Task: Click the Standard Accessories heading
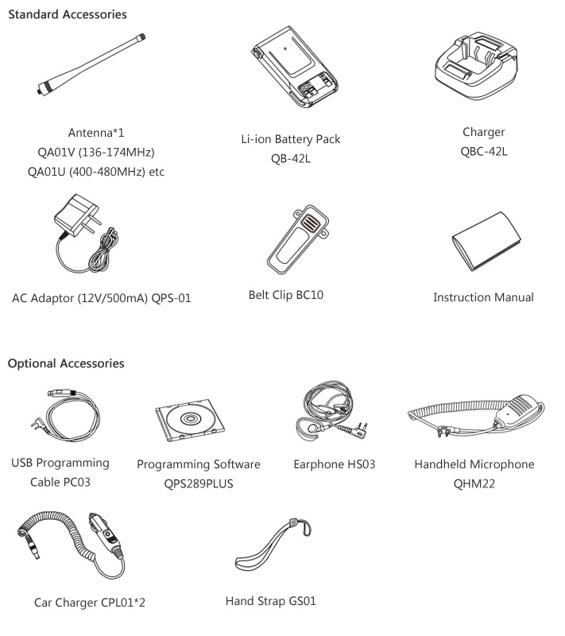pos(68,14)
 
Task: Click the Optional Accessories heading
pos(66,363)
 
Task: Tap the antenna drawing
pos(91,65)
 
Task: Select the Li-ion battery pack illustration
pos(295,67)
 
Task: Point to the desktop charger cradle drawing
pos(476,67)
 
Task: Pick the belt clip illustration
pos(297,239)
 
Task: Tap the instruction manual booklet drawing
pos(486,242)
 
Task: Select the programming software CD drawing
pos(190,420)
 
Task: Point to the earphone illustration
pos(331,409)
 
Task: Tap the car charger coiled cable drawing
pos(72,545)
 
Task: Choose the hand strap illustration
pos(273,545)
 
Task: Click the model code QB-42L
pos(291,158)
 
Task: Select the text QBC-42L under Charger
pos(483,151)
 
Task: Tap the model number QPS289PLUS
pos(199,483)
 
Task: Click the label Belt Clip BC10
pos(286,295)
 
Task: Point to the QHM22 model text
pos(474,483)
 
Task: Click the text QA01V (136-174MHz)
pos(96,152)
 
